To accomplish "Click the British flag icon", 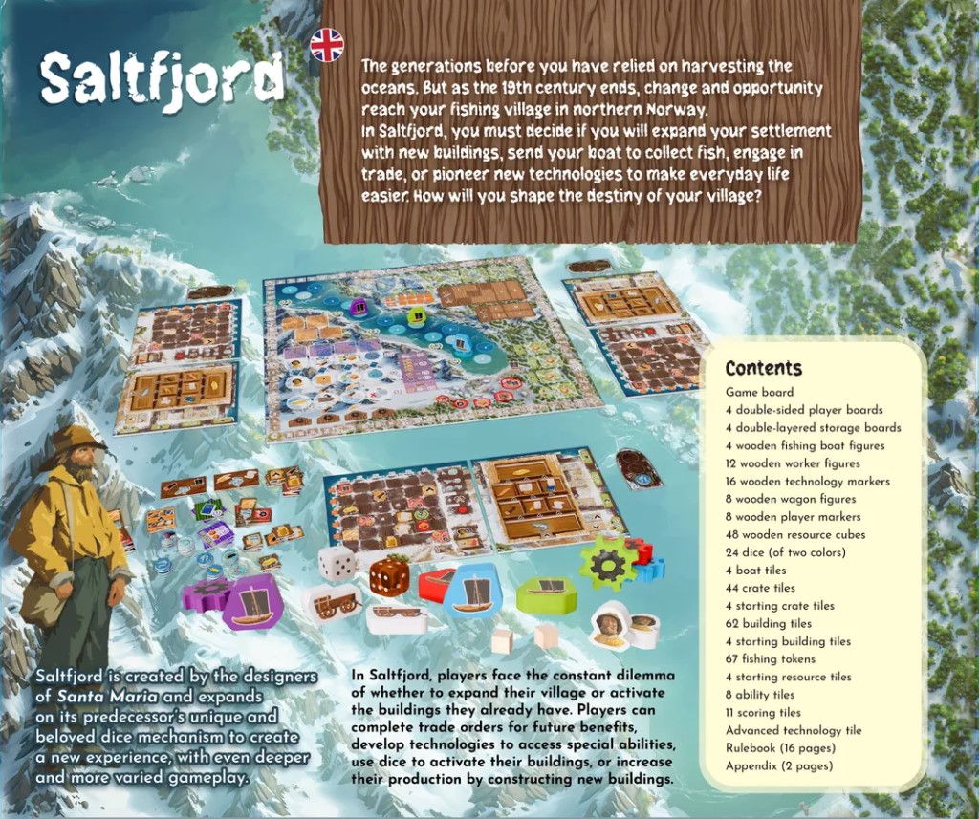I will coord(327,45).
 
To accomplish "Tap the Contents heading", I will coord(763,369).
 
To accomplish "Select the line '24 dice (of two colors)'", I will coord(785,552).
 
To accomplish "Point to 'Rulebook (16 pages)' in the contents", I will coord(780,747).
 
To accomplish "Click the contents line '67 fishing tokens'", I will coord(770,658).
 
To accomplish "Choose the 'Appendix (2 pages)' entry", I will coord(778,765).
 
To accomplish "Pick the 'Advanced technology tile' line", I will coord(793,730).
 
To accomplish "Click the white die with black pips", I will coord(337,564).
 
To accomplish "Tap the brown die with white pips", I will coord(389,576).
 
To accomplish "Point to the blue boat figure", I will coord(475,591).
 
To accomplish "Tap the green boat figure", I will coord(546,594).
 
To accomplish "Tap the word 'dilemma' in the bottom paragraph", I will coord(636,675).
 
